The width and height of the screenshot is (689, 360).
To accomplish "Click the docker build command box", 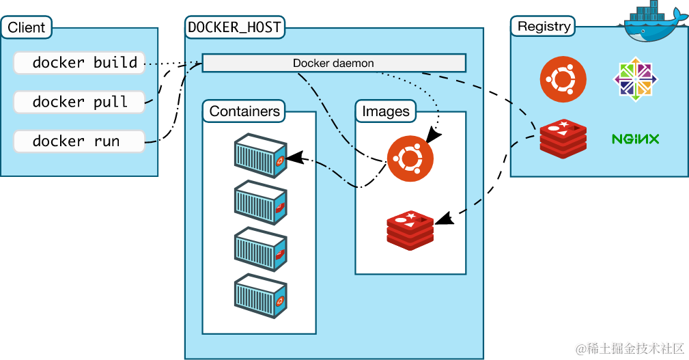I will coord(79,63).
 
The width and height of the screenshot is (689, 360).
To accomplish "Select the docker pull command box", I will coord(79,102).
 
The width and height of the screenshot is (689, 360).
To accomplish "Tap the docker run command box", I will coord(79,141).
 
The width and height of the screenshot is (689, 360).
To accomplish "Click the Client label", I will coord(27,28).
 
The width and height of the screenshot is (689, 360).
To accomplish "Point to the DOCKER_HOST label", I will coord(234,28).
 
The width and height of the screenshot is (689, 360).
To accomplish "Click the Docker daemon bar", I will coord(333,64).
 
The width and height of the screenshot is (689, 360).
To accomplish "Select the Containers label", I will coord(244,111).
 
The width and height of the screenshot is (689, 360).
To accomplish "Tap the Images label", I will coord(386,111).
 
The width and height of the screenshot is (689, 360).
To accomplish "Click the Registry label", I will coord(544,27).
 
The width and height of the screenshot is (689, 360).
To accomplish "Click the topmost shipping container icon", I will coord(260,156).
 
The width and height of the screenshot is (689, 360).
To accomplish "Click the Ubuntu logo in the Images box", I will coord(410,158).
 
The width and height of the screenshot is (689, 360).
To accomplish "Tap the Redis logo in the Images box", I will coord(410,230).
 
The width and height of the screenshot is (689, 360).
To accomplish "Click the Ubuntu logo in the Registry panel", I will coord(563,79).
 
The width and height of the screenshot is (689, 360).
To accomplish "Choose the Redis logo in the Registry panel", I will coord(563,138).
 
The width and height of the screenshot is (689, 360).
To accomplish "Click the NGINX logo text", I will coord(635,139).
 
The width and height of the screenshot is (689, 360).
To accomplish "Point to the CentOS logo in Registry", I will coord(635,79).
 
